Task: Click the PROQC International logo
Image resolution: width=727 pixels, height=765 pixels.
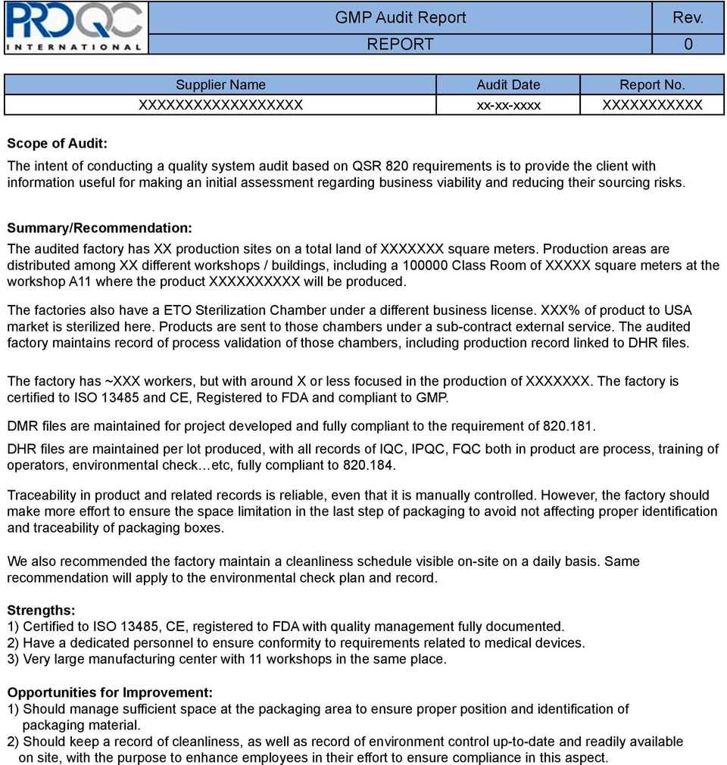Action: [x=74, y=27]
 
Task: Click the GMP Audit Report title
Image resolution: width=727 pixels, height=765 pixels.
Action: [x=401, y=17]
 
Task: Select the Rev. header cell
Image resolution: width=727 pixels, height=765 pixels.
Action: [x=688, y=17]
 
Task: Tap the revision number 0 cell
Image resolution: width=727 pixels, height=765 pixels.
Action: [x=688, y=45]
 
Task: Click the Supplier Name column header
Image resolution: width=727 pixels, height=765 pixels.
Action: [x=220, y=85]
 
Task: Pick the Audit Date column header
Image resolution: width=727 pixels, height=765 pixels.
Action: [x=508, y=85]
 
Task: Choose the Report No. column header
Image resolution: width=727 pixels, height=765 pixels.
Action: [x=652, y=85]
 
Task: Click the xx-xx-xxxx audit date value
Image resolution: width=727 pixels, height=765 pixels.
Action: [x=508, y=105]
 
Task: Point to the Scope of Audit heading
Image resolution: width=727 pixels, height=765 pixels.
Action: [x=57, y=143]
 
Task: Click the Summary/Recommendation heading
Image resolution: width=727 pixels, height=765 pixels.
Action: [x=99, y=227]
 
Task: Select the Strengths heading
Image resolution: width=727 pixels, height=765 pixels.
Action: [x=41, y=610]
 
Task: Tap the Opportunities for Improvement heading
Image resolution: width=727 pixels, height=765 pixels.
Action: [x=110, y=692]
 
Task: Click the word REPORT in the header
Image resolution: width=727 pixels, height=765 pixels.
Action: [x=401, y=45]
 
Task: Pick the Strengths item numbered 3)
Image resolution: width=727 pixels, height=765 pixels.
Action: [x=227, y=659]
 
